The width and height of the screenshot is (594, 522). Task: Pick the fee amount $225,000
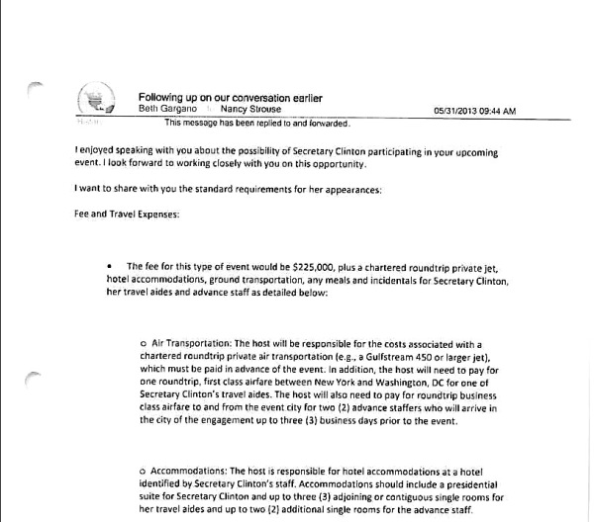(x=314, y=267)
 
